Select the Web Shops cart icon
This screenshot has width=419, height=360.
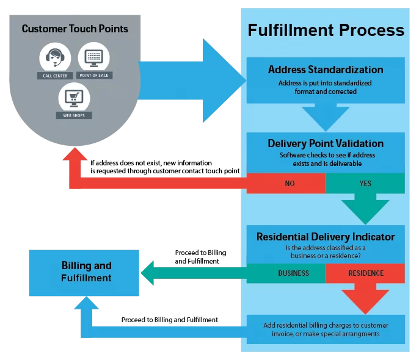pyautogui.click(x=74, y=96)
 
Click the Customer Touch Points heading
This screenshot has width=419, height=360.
pyautogui.click(x=75, y=29)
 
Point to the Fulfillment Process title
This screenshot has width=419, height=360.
pyautogui.click(x=326, y=30)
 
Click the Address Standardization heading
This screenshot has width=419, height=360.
pyautogui.click(x=326, y=70)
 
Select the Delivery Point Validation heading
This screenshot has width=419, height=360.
pyautogui.click(x=326, y=143)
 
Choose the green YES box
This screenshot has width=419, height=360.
pyautogui.click(x=365, y=183)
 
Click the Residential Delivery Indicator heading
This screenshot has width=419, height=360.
pyautogui.click(x=326, y=237)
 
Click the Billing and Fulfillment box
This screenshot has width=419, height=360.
pyautogui.click(x=86, y=272)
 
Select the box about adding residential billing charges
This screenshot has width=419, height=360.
pyautogui.click(x=326, y=329)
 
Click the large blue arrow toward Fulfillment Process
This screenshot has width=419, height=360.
pyautogui.click(x=195, y=79)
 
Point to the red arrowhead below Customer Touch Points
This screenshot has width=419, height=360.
pyautogui.click(x=75, y=155)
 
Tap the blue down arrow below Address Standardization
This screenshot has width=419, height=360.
pyautogui.click(x=326, y=115)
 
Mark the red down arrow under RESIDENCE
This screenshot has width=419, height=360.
pyautogui.click(x=365, y=299)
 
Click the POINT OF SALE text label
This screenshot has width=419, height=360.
pyautogui.click(x=94, y=76)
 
